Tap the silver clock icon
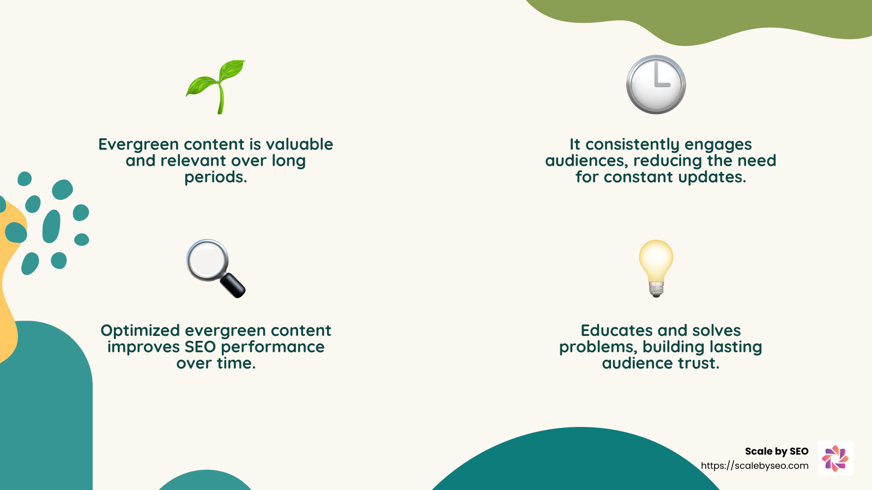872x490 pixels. tap(656, 84)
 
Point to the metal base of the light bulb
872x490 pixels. tap(656, 288)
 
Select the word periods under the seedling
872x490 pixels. tap(215, 177)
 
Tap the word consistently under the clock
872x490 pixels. tap(632, 145)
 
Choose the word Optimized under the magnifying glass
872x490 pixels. tap(140, 331)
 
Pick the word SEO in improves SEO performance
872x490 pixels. tap(200, 347)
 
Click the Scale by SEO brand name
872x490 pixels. tap(776, 451)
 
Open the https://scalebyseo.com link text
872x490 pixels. tap(754, 466)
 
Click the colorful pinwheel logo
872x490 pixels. tap(835, 458)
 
